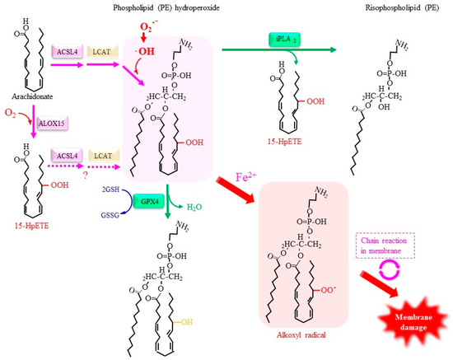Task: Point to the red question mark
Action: tap(104, 185)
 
